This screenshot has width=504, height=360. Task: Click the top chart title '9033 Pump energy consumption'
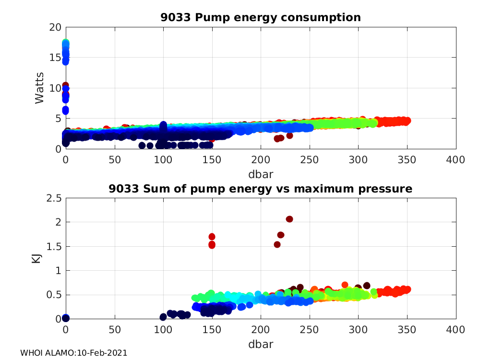(x=261, y=18)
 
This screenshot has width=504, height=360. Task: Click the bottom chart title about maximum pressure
(x=261, y=189)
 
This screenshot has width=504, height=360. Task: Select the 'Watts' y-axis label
(x=39, y=88)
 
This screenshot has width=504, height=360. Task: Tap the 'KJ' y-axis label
(x=36, y=259)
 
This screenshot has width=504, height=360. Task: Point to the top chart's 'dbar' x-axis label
(x=261, y=173)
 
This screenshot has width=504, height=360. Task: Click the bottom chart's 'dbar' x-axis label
(x=261, y=344)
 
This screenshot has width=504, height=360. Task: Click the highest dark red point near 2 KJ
(x=289, y=219)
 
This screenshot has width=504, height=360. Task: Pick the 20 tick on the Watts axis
(x=55, y=27)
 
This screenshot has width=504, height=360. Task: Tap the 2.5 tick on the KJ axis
(x=52, y=198)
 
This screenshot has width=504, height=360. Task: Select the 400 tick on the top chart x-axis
(x=455, y=159)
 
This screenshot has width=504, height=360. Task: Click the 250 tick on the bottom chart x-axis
(x=309, y=330)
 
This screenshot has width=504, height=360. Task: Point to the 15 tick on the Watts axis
(x=55, y=58)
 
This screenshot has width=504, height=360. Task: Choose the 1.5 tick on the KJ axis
(x=52, y=246)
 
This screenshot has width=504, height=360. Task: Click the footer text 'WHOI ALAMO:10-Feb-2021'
(x=73, y=353)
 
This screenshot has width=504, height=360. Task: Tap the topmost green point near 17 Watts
(x=66, y=43)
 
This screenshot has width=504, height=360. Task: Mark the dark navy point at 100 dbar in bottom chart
(x=163, y=317)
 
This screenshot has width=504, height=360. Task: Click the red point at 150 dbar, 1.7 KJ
(x=212, y=237)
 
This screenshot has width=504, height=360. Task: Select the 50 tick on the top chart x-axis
(x=115, y=159)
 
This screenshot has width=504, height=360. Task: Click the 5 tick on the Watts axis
(x=57, y=119)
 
